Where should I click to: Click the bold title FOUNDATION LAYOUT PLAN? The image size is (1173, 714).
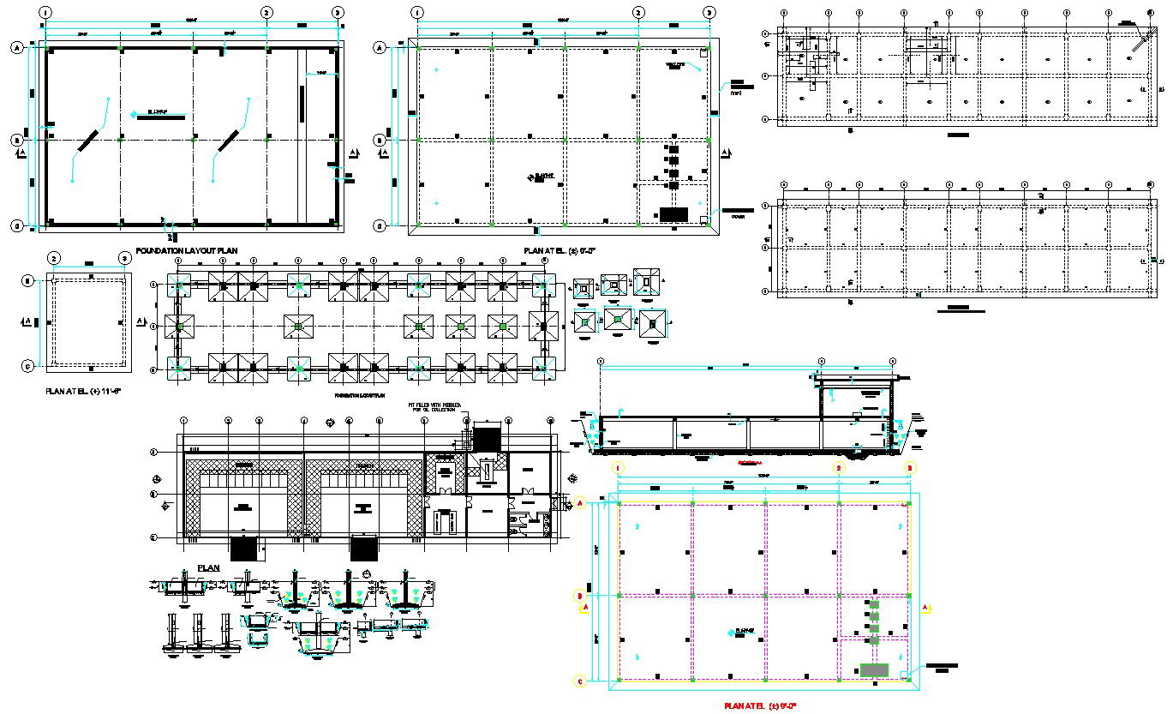point(186,250)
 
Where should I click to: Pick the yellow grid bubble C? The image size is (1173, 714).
point(579,681)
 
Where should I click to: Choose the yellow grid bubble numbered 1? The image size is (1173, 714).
point(618,468)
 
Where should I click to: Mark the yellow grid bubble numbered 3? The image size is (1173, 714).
point(911,468)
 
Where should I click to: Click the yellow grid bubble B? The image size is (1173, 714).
point(579,595)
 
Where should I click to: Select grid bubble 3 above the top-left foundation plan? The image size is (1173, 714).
point(338,13)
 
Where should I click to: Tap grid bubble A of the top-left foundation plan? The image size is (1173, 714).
point(16,48)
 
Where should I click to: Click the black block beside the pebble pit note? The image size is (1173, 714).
point(487,438)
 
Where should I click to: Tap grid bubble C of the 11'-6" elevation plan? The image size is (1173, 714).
point(27,367)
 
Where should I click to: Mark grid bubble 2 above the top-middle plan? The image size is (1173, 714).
point(638,13)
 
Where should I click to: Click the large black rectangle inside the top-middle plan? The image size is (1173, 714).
point(673,213)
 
